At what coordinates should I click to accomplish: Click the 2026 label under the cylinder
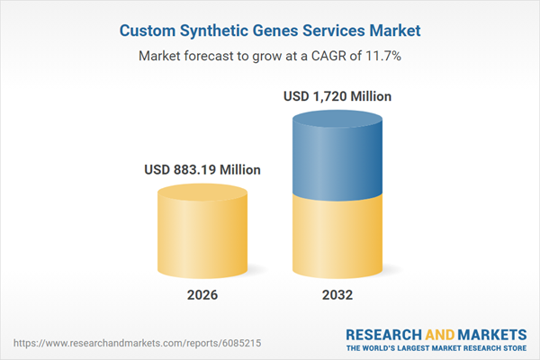pyautogui.click(x=202, y=295)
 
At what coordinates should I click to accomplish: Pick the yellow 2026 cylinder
pyautogui.click(x=202, y=234)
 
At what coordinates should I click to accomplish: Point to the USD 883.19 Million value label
pyautogui.click(x=202, y=169)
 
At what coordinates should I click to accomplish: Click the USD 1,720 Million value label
pyautogui.click(x=337, y=95)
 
